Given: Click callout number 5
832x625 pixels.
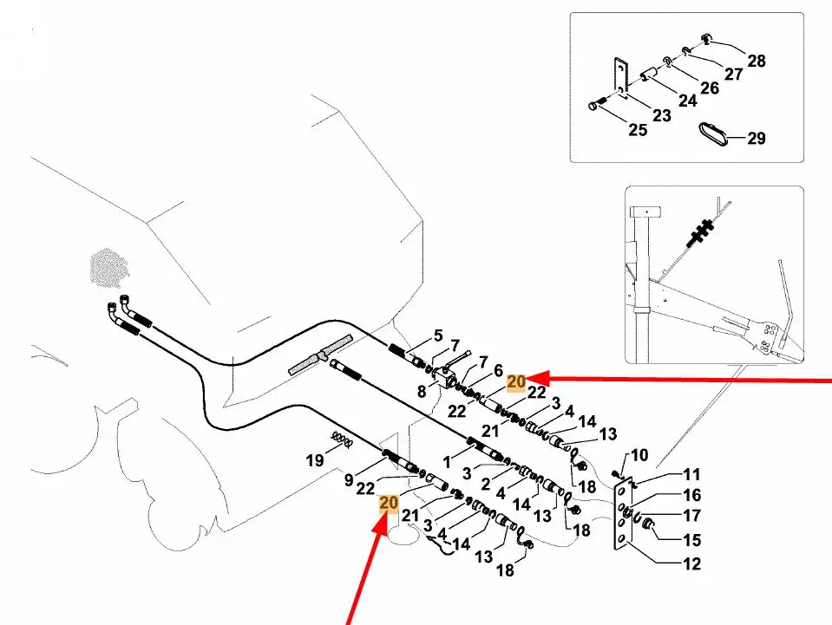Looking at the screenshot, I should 438,335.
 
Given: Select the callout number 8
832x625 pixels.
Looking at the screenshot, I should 422,391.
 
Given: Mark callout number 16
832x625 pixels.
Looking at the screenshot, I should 691,496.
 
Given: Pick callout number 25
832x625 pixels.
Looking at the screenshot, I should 638,130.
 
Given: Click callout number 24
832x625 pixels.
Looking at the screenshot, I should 687,101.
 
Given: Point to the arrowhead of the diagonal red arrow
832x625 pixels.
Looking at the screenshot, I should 381,515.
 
